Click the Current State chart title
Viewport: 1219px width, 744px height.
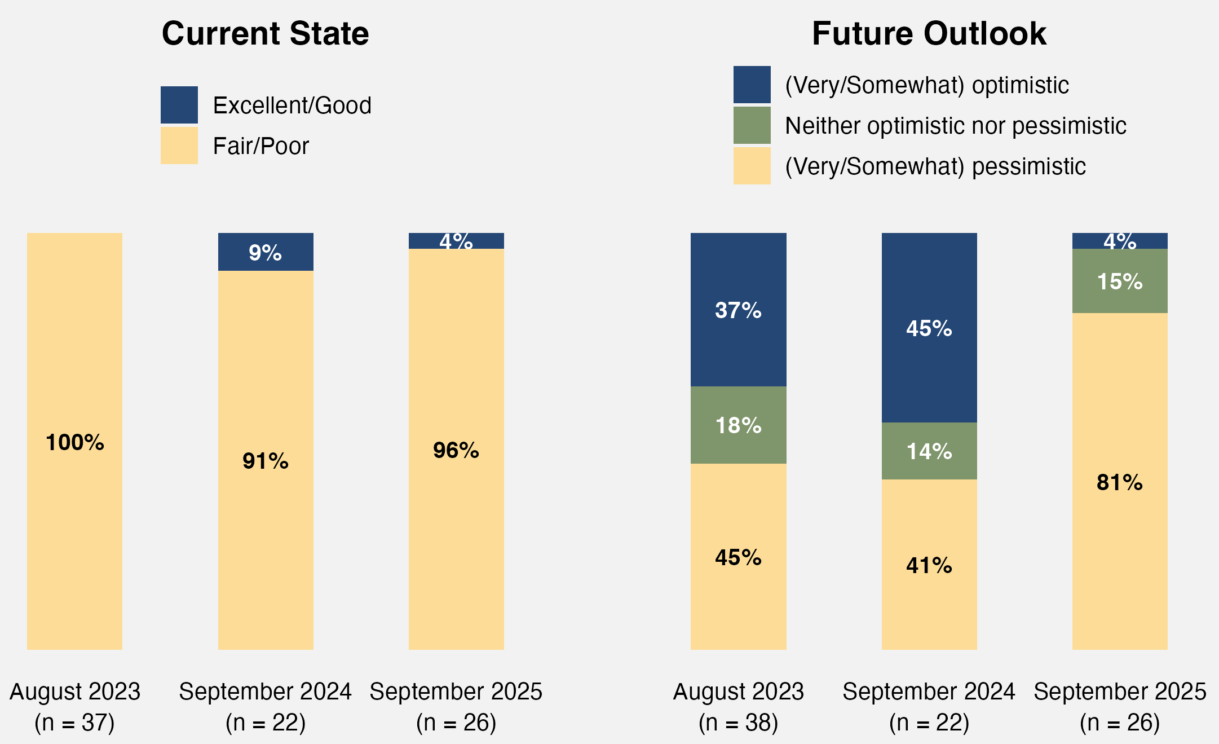[x=265, y=34]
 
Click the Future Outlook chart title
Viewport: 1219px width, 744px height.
[x=929, y=34]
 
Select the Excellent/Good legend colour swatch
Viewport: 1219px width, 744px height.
[x=179, y=105]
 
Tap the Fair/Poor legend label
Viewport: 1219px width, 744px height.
[x=260, y=146]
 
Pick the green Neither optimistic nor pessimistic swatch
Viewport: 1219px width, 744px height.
[x=752, y=125]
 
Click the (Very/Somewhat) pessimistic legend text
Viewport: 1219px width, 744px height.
[x=935, y=166]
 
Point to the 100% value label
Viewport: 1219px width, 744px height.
[x=75, y=443]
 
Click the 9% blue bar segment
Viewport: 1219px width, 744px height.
[x=266, y=252]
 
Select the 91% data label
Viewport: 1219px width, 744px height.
[x=266, y=461]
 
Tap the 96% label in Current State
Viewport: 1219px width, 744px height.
[x=456, y=450]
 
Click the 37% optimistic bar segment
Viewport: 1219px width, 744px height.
[x=738, y=310]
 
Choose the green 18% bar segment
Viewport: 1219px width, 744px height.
[x=738, y=425]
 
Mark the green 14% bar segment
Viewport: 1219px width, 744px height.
[x=929, y=451]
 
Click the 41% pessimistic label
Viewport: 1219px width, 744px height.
[x=929, y=565]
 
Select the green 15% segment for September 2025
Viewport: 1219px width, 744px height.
[x=1120, y=281]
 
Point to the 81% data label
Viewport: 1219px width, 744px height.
[x=1120, y=483]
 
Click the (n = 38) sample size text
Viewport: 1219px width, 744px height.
[x=738, y=723]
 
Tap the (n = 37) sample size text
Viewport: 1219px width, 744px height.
[x=75, y=723]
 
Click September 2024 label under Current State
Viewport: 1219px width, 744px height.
[x=266, y=692]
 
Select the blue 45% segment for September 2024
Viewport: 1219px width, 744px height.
[x=929, y=328]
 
